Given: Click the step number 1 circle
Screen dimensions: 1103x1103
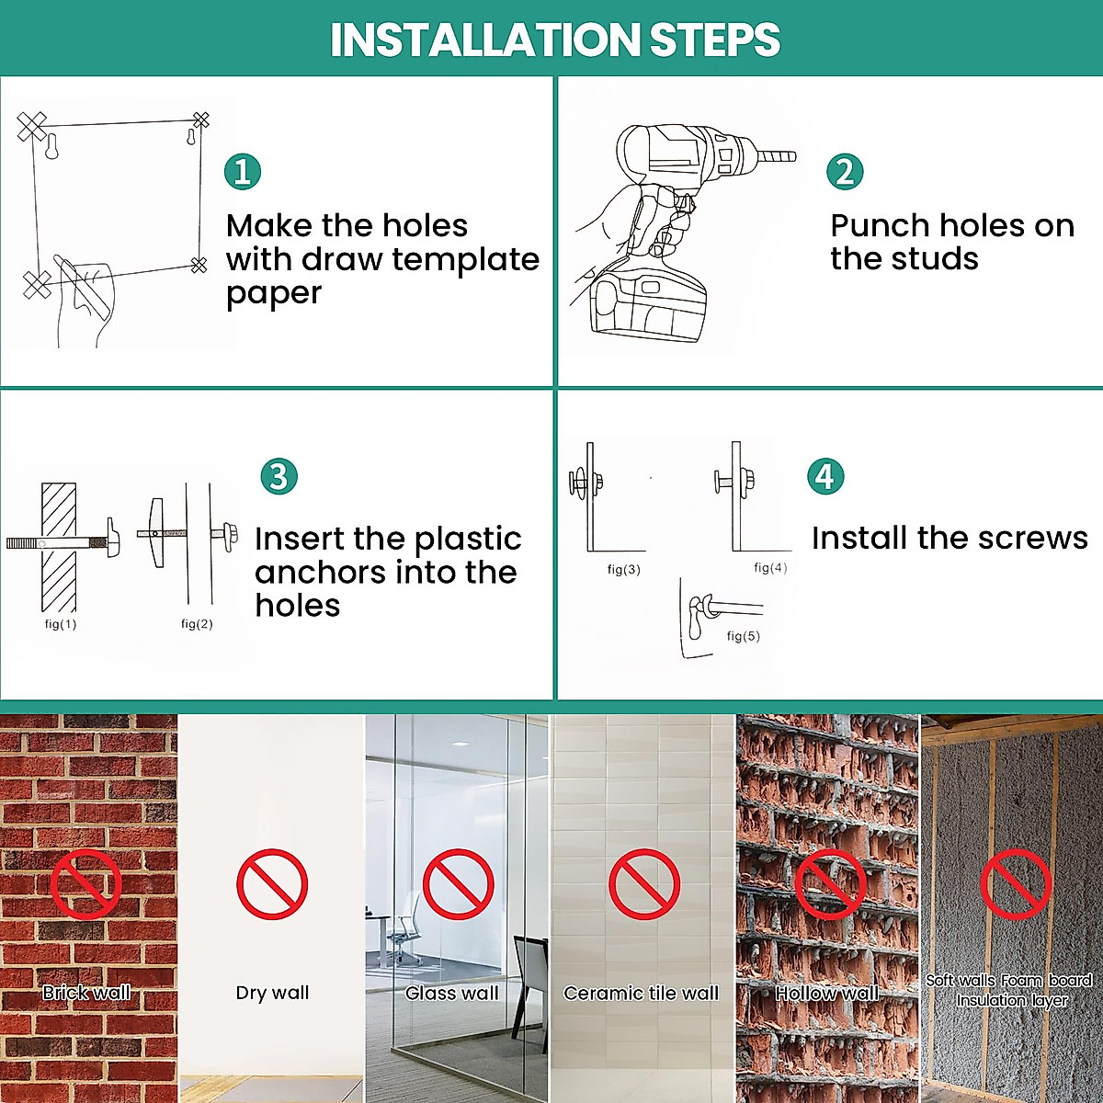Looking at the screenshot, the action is (x=243, y=172).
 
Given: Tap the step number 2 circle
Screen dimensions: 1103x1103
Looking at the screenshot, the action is (x=845, y=172).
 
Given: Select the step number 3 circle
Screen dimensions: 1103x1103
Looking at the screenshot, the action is (x=279, y=476).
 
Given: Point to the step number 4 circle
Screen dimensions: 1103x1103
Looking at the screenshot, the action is (x=825, y=476).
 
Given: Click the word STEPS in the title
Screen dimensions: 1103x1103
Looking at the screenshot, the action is (x=715, y=40).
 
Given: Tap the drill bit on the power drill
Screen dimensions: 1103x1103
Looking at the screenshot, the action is (x=777, y=155).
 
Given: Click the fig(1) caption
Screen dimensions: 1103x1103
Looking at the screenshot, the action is (x=61, y=624).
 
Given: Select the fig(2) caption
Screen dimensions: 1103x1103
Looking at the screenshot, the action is (x=197, y=624).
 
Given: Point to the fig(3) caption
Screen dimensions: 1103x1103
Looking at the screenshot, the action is (x=624, y=570).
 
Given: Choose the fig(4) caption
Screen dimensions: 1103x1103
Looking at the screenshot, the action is (x=770, y=568).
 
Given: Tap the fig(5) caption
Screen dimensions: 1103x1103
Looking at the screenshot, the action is (x=743, y=636).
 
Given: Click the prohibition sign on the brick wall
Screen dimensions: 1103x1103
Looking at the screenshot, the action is (x=85, y=884).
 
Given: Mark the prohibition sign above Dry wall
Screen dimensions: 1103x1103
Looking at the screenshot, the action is (x=272, y=884).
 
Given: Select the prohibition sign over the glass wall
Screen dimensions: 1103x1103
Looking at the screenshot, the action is (x=458, y=884).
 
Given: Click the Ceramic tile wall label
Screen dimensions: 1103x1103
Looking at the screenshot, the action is (x=641, y=993).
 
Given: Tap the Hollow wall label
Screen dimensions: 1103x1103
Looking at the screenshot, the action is (x=826, y=993).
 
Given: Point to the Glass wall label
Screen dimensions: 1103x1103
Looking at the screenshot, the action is (x=451, y=993).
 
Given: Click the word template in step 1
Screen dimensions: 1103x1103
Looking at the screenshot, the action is (x=465, y=259).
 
